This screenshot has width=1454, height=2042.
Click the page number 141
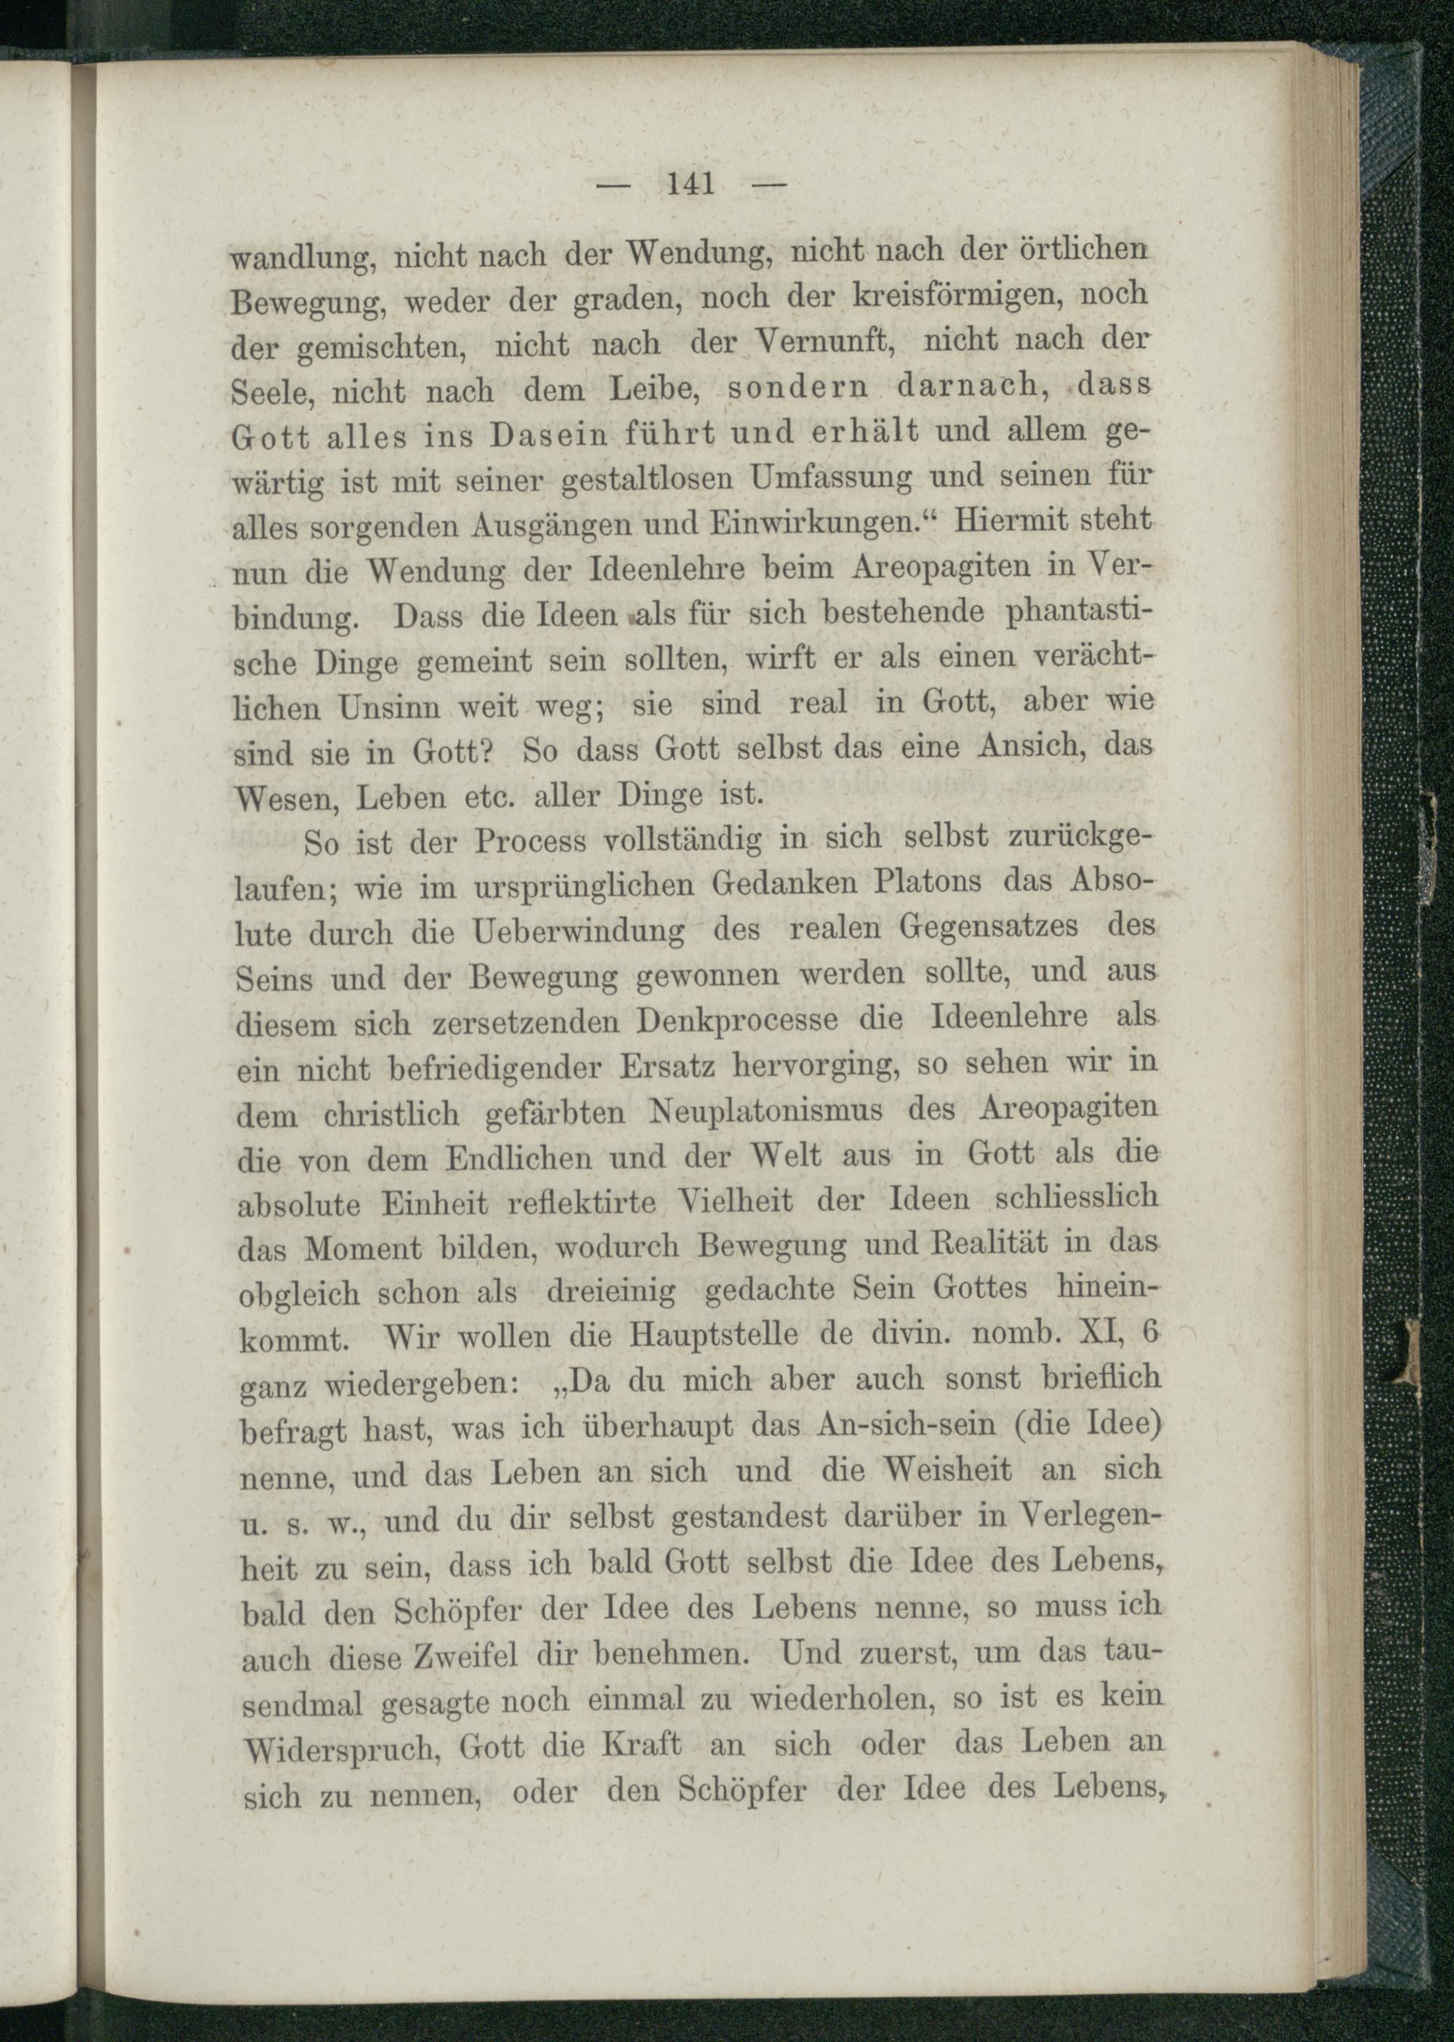[689, 185]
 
